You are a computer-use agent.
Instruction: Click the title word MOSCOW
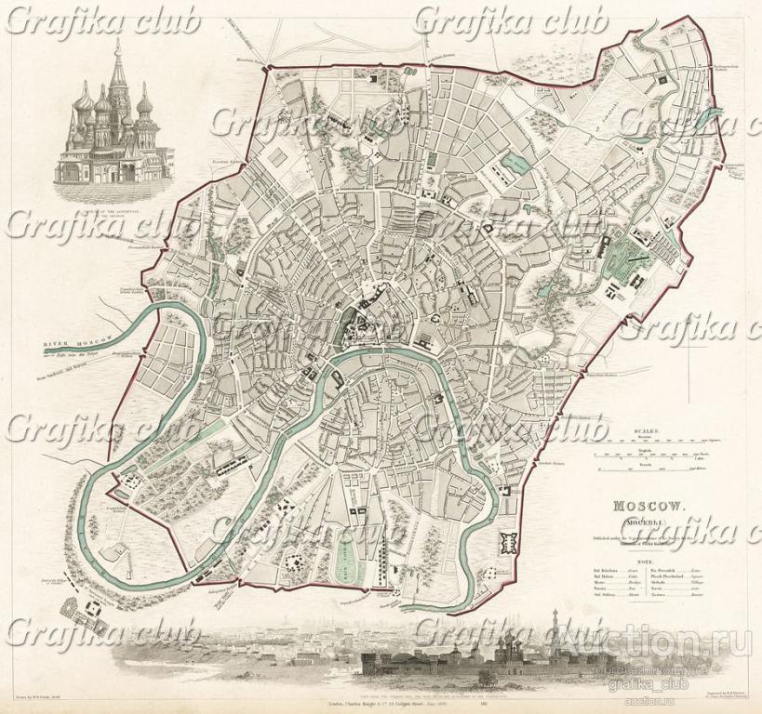coord(648,506)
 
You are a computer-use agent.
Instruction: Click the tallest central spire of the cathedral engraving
coord(116,70)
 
